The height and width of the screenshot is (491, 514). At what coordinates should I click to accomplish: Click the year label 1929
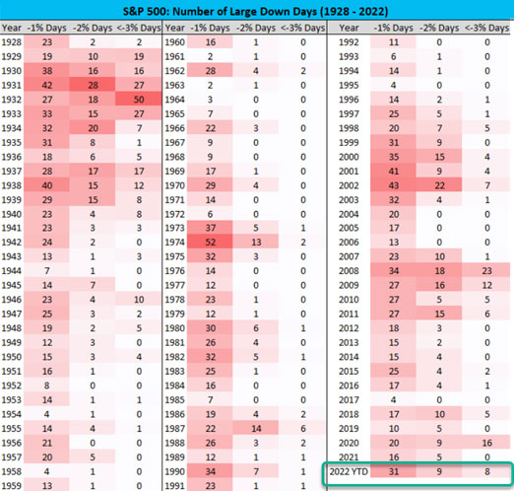pos(12,56)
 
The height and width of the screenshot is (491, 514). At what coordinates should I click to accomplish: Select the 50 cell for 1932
pos(139,100)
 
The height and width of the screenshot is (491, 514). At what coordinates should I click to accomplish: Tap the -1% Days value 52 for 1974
pos(211,243)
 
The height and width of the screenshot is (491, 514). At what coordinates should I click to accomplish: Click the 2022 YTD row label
pos(349,471)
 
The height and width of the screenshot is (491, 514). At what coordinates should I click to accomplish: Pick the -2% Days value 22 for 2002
pos(439,185)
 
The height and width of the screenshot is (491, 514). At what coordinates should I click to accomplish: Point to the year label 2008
pos(349,271)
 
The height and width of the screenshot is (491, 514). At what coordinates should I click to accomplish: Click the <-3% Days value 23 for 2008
pos(486,271)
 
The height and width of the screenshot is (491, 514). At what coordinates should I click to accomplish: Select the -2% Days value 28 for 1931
pos(93,86)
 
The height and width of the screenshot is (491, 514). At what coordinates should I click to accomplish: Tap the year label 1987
pos(174,429)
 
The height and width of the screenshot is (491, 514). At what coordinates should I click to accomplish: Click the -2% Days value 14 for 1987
pos(256,429)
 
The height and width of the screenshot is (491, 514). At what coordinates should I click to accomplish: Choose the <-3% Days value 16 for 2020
pos(486,443)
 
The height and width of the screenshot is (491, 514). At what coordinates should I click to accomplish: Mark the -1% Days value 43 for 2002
pos(394,185)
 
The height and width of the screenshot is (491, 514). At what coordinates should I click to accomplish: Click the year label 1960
pos(174,42)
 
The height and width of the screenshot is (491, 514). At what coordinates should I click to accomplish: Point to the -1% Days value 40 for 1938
pos(47,185)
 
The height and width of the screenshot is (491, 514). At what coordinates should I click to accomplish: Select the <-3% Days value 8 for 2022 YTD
pos(487,471)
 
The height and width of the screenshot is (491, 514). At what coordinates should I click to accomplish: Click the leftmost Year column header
pos(12,28)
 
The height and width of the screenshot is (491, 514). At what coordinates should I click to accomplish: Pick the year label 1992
pos(349,42)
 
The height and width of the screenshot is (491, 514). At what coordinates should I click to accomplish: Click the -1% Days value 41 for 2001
pos(394,172)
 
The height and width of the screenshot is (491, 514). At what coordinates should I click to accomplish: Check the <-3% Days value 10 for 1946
pos(139,300)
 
